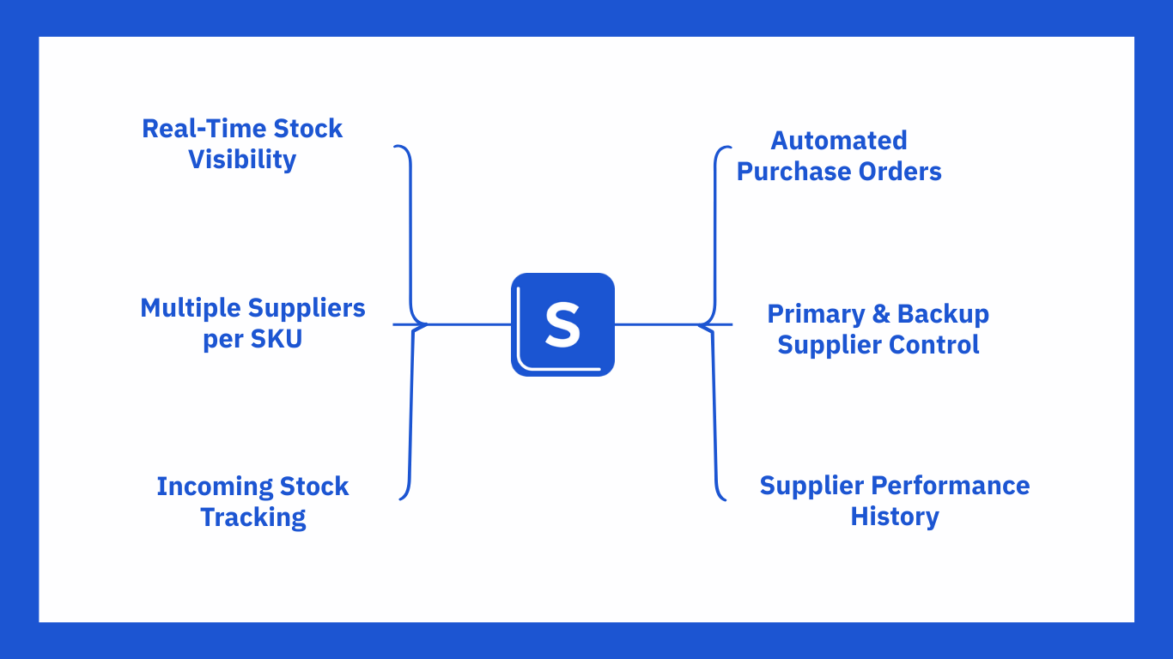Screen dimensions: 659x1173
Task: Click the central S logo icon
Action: pos(562,324)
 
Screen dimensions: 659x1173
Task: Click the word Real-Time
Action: pos(204,129)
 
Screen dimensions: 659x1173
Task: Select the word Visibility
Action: pos(242,160)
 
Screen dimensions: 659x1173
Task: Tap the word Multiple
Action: pos(191,307)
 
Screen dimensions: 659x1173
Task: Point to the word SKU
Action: pos(277,339)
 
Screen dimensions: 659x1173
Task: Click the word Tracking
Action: pos(253,517)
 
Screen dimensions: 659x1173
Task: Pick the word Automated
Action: pos(839,141)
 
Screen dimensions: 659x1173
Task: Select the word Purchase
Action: pos(784,172)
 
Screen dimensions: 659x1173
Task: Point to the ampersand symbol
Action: pos(881,314)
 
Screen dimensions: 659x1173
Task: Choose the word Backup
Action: pos(943,314)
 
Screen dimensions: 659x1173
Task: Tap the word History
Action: pos(895,517)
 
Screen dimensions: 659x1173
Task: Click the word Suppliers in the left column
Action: pos(307,307)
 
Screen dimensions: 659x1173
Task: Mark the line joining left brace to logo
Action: pos(468,324)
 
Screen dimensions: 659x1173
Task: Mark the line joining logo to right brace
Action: pos(657,324)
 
